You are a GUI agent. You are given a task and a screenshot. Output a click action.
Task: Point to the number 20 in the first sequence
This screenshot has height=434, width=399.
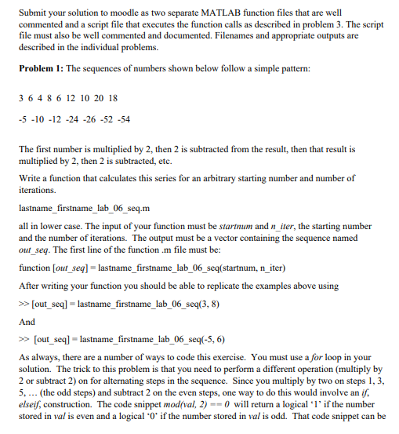click(96, 98)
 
